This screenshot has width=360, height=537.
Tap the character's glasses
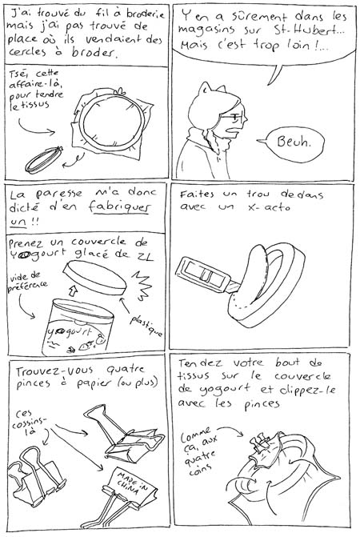point(234,118)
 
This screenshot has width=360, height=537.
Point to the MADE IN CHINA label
point(129,483)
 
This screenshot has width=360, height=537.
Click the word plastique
point(146,326)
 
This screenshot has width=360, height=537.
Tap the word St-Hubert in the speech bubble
point(309,31)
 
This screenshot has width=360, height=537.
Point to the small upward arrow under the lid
point(73,291)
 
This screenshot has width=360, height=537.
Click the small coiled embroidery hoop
point(44,160)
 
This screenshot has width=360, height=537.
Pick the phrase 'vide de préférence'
point(28,282)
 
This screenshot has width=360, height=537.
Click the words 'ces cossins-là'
point(28,423)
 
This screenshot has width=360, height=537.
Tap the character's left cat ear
point(204,88)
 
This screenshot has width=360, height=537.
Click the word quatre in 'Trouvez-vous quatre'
point(126,369)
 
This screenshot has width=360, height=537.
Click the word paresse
point(59,194)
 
